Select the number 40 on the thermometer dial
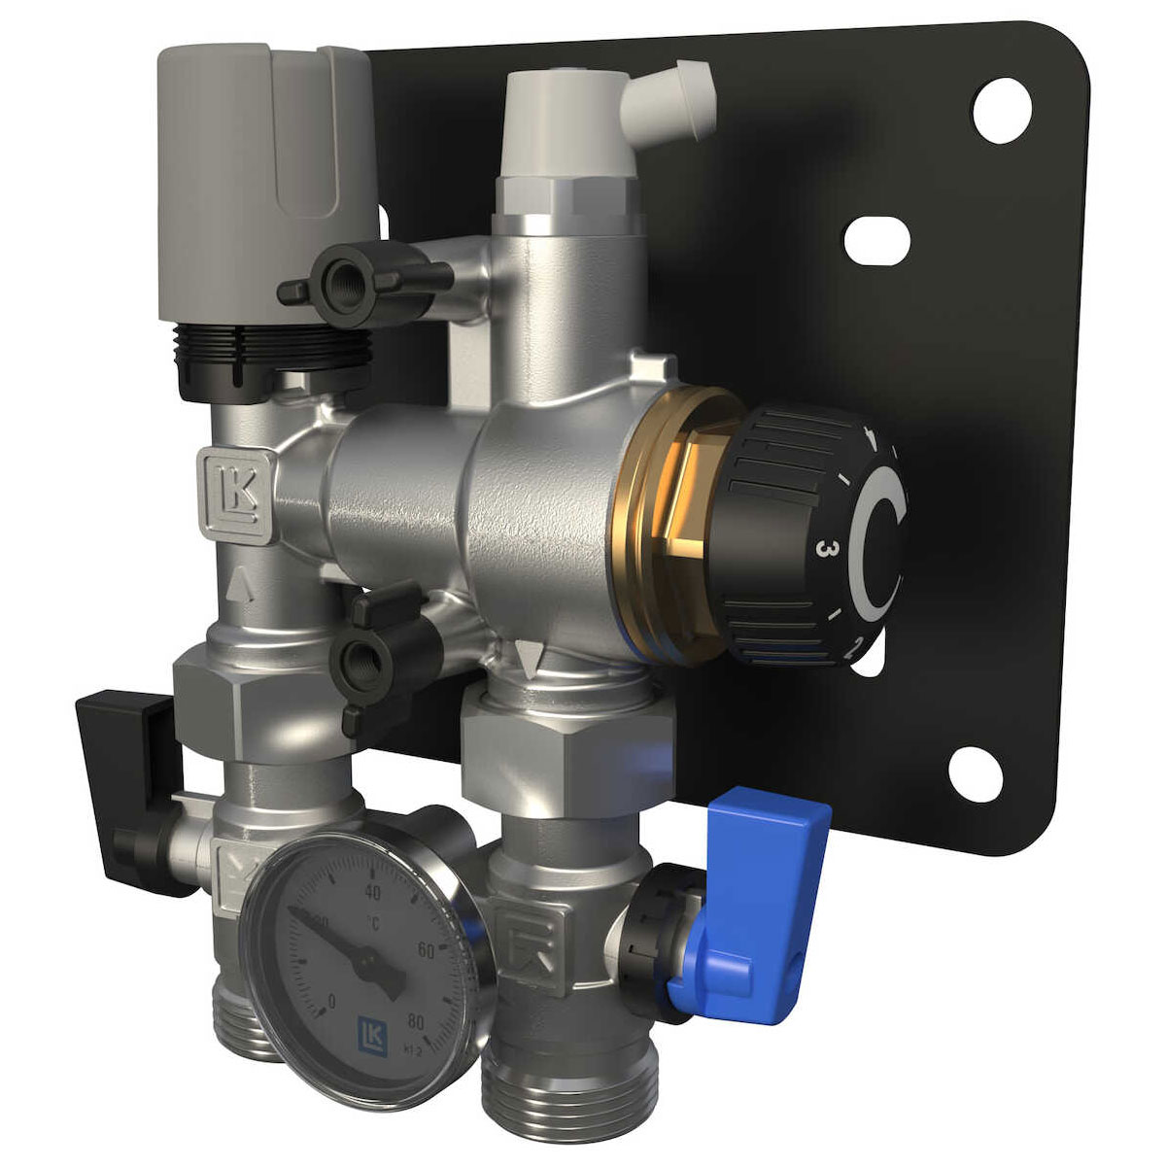tap(370, 891)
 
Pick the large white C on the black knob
tap(879, 544)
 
